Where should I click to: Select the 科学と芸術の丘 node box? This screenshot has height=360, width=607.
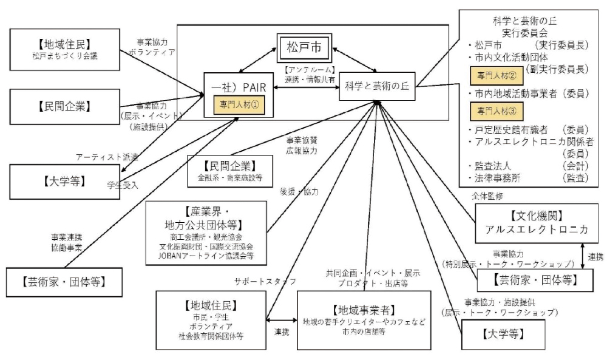tap(376, 86)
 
